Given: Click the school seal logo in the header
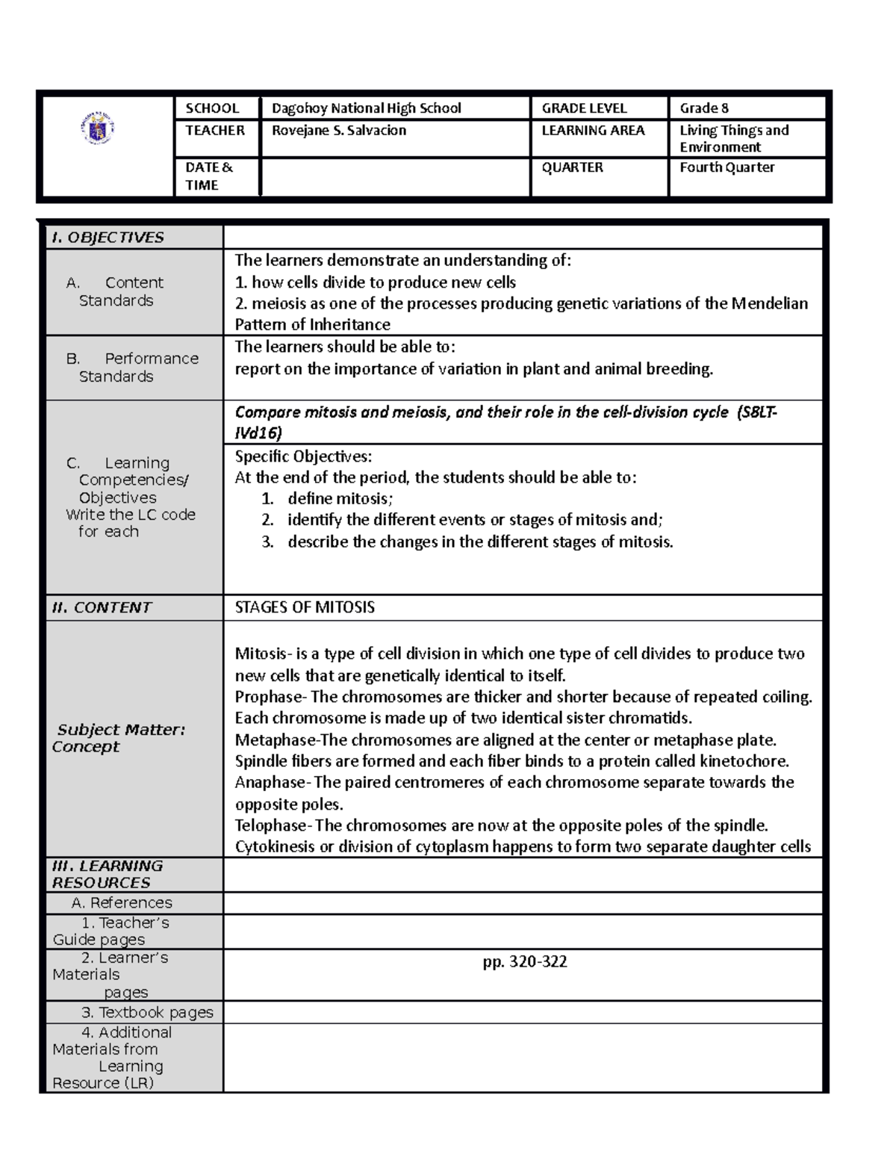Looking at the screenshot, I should tap(96, 130).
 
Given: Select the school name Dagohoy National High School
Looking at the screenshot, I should tap(366, 108).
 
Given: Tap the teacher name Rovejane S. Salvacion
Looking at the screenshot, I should tap(338, 131).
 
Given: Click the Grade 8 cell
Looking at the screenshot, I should tap(703, 108).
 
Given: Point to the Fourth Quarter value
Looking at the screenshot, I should tap(727, 167).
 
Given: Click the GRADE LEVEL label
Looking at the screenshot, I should tap(584, 108).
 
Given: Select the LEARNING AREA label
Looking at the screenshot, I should tap(592, 131).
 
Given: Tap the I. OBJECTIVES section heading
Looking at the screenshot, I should tap(107, 238).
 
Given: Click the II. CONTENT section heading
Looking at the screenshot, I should tap(101, 607).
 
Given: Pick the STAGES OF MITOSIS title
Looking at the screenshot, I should tap(305, 607).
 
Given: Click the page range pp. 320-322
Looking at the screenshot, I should tap(524, 962).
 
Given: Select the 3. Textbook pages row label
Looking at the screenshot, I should tap(147, 1013).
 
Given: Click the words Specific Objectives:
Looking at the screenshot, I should tap(303, 456).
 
